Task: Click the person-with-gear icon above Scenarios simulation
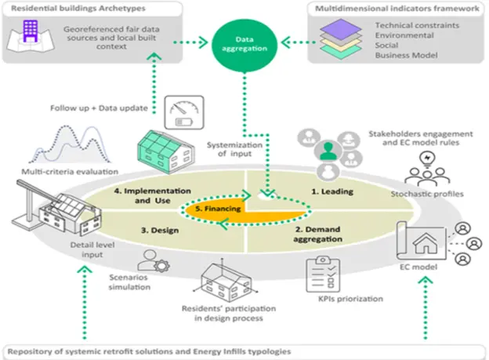pyautogui.click(x=148, y=260)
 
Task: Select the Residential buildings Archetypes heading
pyautogui.click(x=69, y=8)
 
